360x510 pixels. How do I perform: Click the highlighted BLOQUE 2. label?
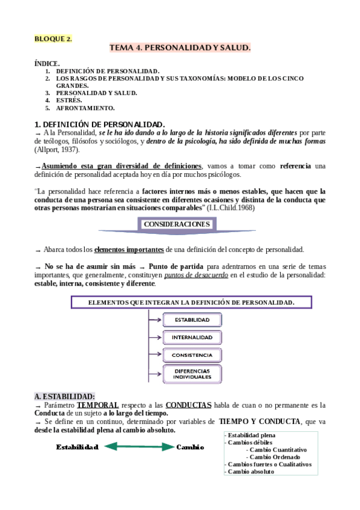click(53, 39)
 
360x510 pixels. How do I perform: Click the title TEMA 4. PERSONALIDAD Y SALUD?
click(180, 47)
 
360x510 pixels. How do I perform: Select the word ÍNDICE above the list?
click(47, 63)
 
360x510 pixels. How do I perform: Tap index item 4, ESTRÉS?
click(70, 100)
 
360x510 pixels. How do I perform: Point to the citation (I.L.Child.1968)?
click(231, 207)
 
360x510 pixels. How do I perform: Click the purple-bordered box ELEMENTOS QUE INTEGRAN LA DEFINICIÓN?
click(191, 302)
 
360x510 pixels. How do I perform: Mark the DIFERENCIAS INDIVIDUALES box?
click(192, 374)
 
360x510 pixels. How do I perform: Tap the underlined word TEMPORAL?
click(97, 405)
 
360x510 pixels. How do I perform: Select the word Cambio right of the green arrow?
click(191, 447)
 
